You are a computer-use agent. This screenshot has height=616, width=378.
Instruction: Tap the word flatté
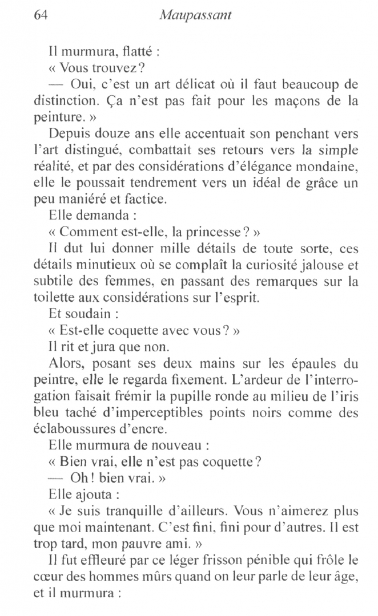point(131,52)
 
